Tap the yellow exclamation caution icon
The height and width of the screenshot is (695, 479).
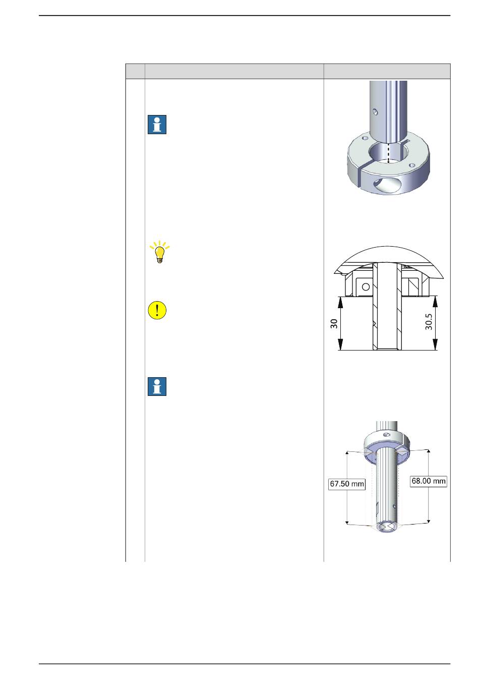[157, 310]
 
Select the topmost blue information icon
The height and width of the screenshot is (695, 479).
[157, 125]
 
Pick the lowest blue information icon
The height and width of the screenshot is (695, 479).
[157, 387]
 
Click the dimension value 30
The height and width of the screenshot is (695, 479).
[334, 324]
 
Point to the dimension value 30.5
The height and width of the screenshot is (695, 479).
[429, 321]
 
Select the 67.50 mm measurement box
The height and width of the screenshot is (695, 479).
[347, 484]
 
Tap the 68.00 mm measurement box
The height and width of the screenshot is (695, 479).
[429, 481]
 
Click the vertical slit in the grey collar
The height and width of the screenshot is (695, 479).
[360, 178]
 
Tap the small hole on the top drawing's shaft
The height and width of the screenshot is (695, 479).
[376, 111]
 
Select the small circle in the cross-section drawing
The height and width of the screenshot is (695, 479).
[366, 287]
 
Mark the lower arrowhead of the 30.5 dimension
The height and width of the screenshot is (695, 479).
[435, 344]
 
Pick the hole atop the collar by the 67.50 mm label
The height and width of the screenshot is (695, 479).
[387, 434]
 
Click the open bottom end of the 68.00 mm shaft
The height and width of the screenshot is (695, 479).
[385, 527]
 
